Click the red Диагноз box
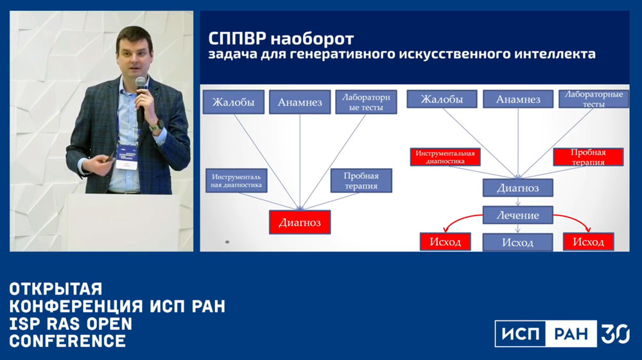[x=300, y=222]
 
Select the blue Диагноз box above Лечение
[x=518, y=188]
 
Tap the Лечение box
[x=518, y=215]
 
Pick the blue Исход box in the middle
[x=517, y=242]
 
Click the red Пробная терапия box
[x=588, y=157]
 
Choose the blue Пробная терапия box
[x=361, y=180]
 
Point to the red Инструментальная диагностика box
[x=445, y=157]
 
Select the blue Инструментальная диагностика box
[x=236, y=180]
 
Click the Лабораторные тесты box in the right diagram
[x=594, y=99]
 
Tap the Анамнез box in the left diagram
[x=300, y=102]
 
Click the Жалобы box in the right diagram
[x=442, y=99]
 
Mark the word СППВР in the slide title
[x=237, y=39]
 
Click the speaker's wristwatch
[x=157, y=125]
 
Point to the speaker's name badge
[x=126, y=157]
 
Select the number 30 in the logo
[x=615, y=334]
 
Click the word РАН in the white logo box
[x=571, y=334]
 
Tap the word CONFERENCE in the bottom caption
[x=67, y=341]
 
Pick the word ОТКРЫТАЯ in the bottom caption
[x=56, y=289]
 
